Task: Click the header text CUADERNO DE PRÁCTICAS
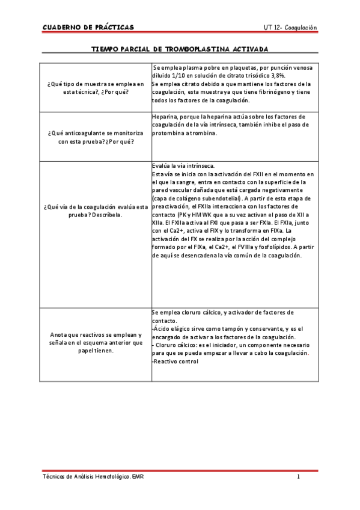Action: pos(88,28)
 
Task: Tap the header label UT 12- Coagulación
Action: pos(290,28)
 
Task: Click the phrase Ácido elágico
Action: pos(171,329)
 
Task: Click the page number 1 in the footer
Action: pos(298,477)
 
